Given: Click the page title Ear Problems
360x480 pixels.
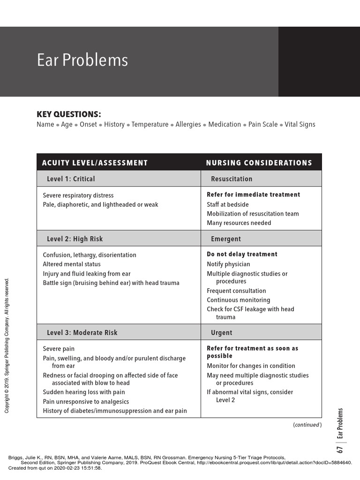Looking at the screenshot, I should (x=82, y=60).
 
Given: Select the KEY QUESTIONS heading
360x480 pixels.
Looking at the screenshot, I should (x=68, y=114).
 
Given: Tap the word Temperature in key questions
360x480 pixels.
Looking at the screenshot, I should (x=150, y=125).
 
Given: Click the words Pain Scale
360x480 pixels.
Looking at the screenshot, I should (x=262, y=125).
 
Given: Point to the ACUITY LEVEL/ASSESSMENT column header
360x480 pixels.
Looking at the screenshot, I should (x=95, y=163).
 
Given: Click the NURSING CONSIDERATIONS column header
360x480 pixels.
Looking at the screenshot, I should (x=259, y=163).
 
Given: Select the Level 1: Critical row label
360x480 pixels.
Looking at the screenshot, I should (x=71, y=179).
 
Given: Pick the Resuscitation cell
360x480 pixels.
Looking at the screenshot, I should (x=232, y=179).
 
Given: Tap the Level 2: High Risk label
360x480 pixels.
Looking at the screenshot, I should (x=75, y=239).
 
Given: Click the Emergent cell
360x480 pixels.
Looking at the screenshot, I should (x=226, y=239).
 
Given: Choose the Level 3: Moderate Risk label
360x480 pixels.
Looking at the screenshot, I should (x=82, y=333).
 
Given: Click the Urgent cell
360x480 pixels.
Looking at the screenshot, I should (x=222, y=333).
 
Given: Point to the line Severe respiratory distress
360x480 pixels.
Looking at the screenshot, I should (x=78, y=195).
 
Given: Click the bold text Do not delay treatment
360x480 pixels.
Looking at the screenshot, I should (x=242, y=255).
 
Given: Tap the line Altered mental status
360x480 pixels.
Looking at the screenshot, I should (x=71, y=264).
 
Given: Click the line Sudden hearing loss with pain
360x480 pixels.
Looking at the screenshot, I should (x=84, y=392).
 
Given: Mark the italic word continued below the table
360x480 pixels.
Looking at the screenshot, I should (x=307, y=425).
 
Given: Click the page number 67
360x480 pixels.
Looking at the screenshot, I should (x=340, y=450).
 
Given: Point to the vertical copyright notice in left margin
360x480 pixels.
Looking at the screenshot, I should (x=7, y=345).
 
